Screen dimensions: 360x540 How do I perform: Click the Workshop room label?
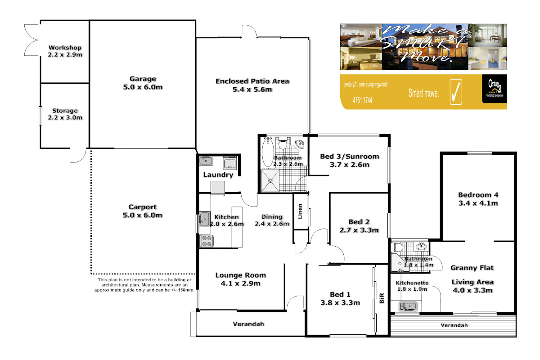pyautogui.click(x=65, y=48)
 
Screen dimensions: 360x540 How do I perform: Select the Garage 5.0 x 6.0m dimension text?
pyautogui.click(x=143, y=87)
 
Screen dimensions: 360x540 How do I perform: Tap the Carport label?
pyautogui.click(x=143, y=207)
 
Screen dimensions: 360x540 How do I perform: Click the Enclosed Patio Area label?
pyautogui.click(x=252, y=81)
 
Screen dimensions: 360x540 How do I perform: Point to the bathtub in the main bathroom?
pyautogui.click(x=266, y=153)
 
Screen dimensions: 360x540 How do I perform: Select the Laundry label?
pyautogui.click(x=218, y=175)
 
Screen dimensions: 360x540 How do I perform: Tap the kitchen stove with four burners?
pyautogui.click(x=206, y=241)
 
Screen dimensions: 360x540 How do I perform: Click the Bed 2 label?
pyautogui.click(x=359, y=222)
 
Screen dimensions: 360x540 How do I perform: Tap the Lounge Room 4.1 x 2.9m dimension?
pyautogui.click(x=240, y=283)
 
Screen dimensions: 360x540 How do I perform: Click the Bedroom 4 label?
pyautogui.click(x=478, y=195)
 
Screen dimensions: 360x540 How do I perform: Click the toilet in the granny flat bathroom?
pyautogui.click(x=398, y=247)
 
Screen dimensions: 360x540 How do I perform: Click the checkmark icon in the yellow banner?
pyautogui.click(x=455, y=92)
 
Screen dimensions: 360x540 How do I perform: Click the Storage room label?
pyautogui.click(x=65, y=111)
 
